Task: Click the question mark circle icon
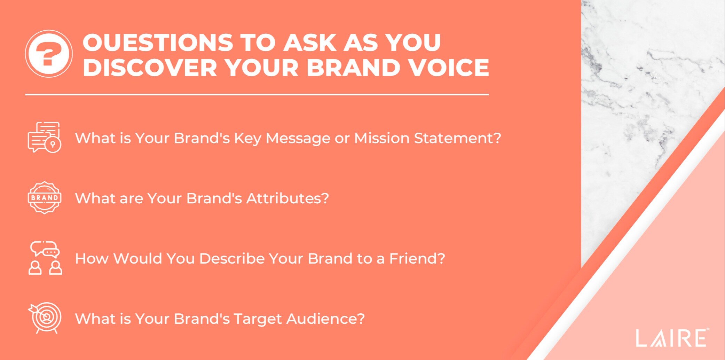tap(49, 54)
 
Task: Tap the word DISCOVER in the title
tap(150, 67)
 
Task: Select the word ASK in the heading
tap(310, 42)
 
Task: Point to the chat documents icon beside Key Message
tap(44, 137)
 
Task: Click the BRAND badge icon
tap(44, 197)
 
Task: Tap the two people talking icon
tap(45, 258)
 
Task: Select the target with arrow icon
tap(45, 318)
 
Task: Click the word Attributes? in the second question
tap(287, 198)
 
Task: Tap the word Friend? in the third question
tap(417, 258)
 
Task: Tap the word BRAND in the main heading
tap(353, 67)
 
